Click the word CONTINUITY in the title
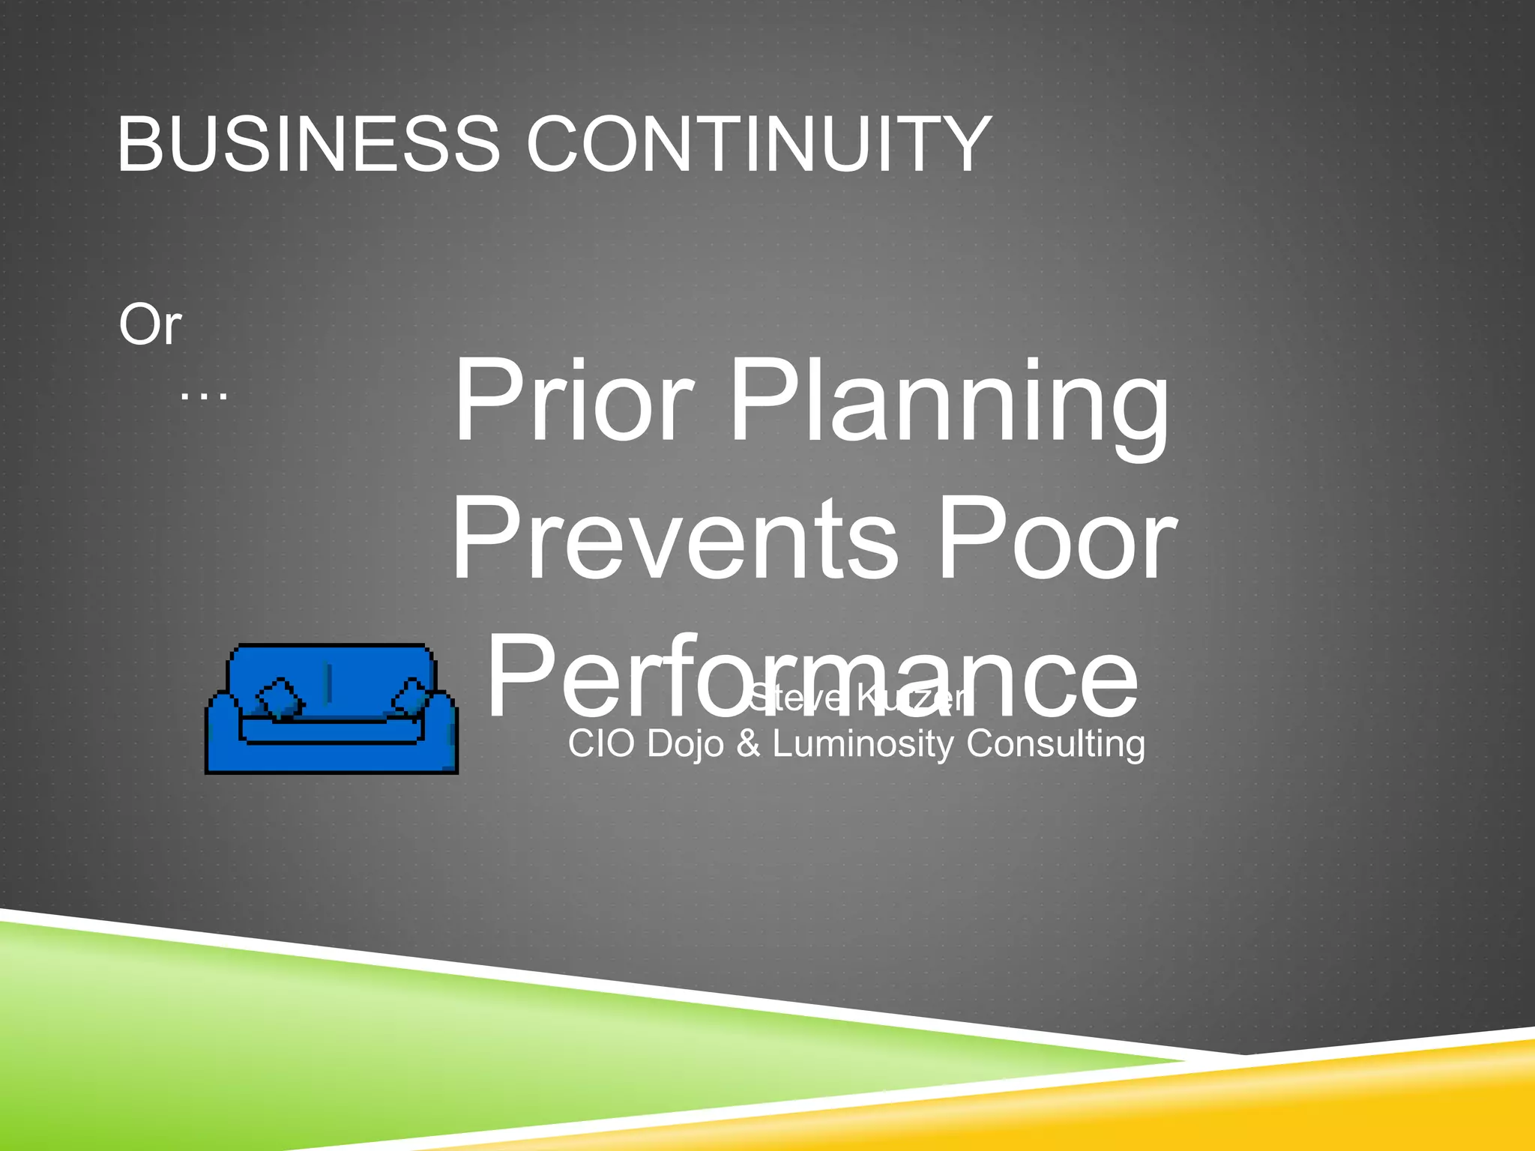pos(759,144)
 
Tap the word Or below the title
pos(150,325)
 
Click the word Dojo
pos(687,745)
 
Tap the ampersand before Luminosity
pos(748,743)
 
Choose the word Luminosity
pos(863,745)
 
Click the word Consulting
pos(1055,745)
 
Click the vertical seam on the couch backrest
pos(328,683)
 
